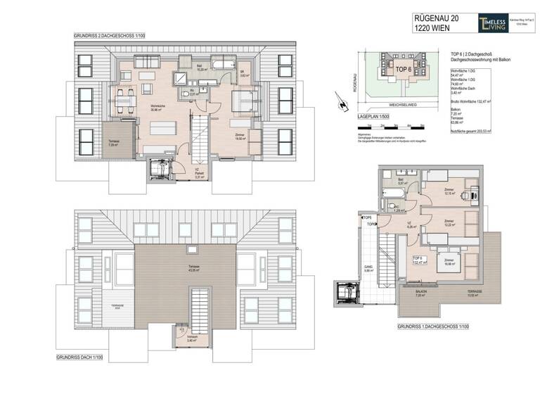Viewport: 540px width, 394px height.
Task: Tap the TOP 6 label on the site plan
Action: pyautogui.click(x=401, y=70)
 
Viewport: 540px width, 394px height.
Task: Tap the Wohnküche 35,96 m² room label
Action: pyautogui.click(x=161, y=108)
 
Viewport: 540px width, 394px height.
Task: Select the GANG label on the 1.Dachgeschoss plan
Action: pyautogui.click(x=368, y=267)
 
